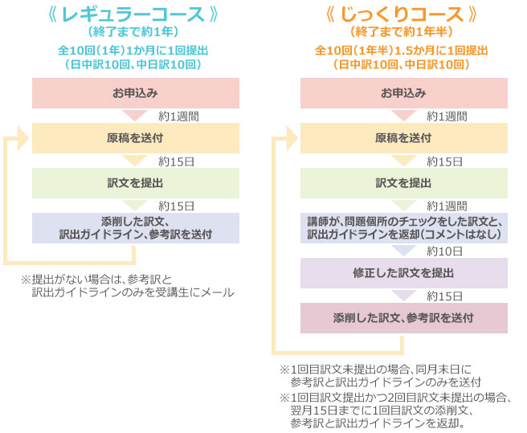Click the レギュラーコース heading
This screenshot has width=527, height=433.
[133, 14]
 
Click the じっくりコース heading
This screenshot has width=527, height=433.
[402, 14]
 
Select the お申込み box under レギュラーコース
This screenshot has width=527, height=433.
[136, 93]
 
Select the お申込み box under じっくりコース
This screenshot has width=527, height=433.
[404, 93]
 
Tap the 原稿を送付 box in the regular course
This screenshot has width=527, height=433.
[136, 138]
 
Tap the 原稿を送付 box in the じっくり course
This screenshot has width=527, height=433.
[404, 138]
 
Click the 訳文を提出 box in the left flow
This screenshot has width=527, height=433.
[136, 183]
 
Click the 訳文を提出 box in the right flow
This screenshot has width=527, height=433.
[404, 183]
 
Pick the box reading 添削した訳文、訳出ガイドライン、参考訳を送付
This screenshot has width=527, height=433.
[136, 228]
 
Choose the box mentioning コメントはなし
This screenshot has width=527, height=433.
[404, 228]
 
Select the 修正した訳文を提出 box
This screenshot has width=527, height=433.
[404, 273]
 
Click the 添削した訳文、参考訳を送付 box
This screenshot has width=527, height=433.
[404, 318]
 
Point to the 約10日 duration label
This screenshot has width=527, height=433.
[445, 251]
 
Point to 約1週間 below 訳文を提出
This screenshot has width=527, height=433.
[447, 206]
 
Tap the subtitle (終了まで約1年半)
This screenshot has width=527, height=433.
[402, 32]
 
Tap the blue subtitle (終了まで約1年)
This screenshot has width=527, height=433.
[133, 32]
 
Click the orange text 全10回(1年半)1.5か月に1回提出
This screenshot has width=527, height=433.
[402, 51]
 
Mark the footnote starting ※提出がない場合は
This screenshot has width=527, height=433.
[128, 286]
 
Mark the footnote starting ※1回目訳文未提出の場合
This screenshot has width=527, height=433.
[381, 376]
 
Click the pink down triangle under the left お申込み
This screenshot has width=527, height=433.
[135, 116]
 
